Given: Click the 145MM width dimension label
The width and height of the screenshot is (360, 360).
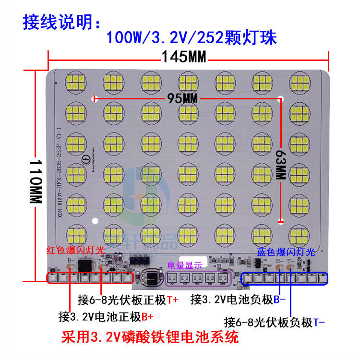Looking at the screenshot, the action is [x=183, y=57].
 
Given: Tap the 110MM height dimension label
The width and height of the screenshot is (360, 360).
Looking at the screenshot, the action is [x=35, y=176].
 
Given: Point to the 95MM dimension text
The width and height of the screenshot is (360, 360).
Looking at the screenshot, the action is [x=183, y=98].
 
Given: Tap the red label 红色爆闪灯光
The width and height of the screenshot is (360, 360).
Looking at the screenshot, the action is [x=75, y=250].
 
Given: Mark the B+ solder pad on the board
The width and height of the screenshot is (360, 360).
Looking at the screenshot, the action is [x=71, y=266].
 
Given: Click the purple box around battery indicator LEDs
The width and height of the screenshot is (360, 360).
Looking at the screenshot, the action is [x=197, y=278].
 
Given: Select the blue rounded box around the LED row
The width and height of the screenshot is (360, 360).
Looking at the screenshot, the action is [x=284, y=278].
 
